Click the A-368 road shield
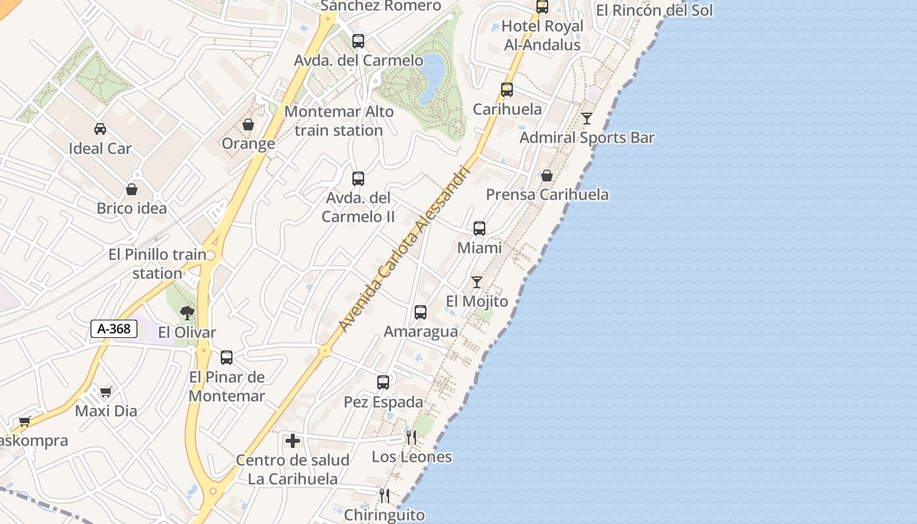point(114,329)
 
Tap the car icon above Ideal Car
point(100,128)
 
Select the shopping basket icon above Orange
point(248,124)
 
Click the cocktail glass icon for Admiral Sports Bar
point(587,119)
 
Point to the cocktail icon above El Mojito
point(477,282)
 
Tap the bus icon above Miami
point(479,229)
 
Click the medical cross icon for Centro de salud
point(293,441)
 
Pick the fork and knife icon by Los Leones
point(411,437)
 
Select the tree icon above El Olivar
point(187,313)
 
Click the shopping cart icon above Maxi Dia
point(105,392)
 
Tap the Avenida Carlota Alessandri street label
point(405,248)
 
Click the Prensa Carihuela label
point(547,195)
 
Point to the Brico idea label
point(132,208)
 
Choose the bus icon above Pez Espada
point(383,383)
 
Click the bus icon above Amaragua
point(421,312)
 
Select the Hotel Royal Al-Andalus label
point(542,35)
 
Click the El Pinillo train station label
point(157,263)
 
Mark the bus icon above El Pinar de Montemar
point(227,358)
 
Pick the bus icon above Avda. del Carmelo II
point(358,179)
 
